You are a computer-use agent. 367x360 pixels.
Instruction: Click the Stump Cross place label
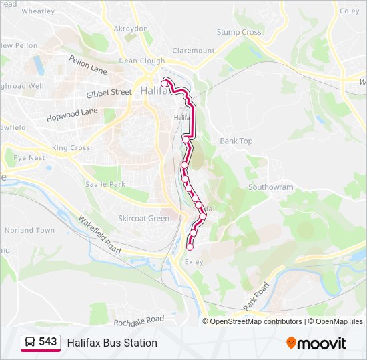[x=239, y=32]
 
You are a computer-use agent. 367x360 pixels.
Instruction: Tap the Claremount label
[x=194, y=50]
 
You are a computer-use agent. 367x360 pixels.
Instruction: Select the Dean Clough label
[x=141, y=61]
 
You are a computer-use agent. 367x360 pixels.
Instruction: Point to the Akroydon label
[x=131, y=29]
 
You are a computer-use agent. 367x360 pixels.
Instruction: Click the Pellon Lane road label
[x=88, y=65]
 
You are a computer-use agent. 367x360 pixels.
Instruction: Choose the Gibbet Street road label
[x=109, y=93]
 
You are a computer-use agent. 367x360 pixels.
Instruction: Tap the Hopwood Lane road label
[x=72, y=115]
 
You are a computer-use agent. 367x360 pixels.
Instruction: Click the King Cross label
[x=71, y=147]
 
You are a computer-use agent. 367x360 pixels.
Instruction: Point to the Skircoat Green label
[x=143, y=218]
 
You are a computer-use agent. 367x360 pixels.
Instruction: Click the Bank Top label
[x=236, y=141]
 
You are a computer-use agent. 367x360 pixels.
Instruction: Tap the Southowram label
[x=271, y=187]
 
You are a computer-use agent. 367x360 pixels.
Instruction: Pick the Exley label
[x=194, y=262]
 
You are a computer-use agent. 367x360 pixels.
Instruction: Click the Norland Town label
[x=29, y=230]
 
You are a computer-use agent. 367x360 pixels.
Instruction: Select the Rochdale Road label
[x=139, y=321]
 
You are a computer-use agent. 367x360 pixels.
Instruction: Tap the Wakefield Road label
[x=99, y=234]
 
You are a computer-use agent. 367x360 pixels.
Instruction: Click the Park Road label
[x=256, y=295]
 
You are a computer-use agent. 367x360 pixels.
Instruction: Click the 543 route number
[x=47, y=341]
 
